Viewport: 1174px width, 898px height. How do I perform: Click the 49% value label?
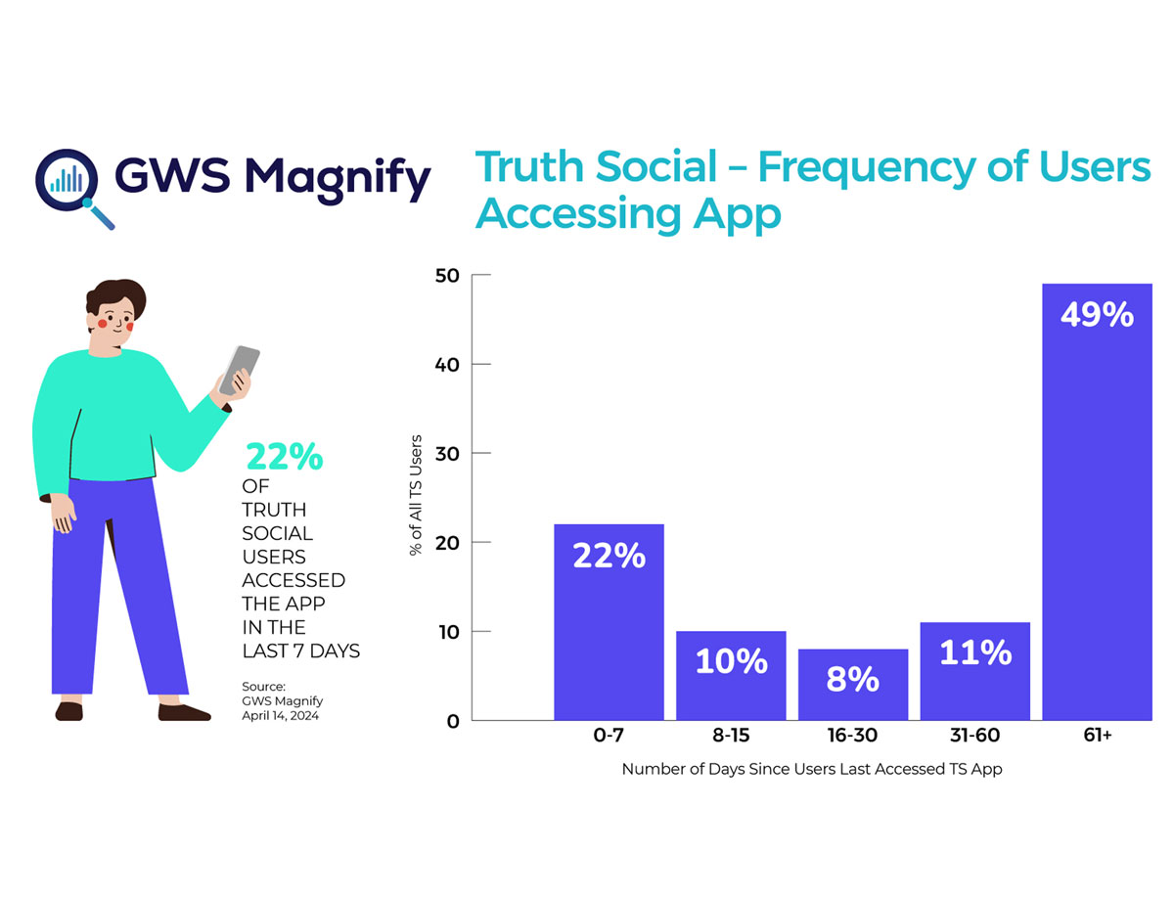coord(1097,315)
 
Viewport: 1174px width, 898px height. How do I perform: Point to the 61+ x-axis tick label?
coord(1097,735)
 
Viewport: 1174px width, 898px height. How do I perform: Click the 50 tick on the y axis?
coord(448,276)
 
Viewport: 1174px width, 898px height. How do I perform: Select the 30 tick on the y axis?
coord(448,454)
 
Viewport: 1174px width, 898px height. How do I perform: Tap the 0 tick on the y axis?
coord(452,721)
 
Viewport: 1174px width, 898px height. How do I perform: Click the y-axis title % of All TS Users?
coord(415,495)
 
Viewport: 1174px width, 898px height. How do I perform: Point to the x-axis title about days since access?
coord(812,769)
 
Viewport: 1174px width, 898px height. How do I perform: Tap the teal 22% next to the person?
coord(283,457)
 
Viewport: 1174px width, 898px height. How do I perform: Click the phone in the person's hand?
coord(240,370)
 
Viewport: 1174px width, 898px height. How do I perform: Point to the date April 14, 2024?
coord(281,715)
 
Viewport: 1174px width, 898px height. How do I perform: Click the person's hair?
coord(115,295)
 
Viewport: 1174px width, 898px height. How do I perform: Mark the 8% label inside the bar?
coord(852,679)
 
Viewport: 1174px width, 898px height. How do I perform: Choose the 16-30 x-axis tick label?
coord(852,735)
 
